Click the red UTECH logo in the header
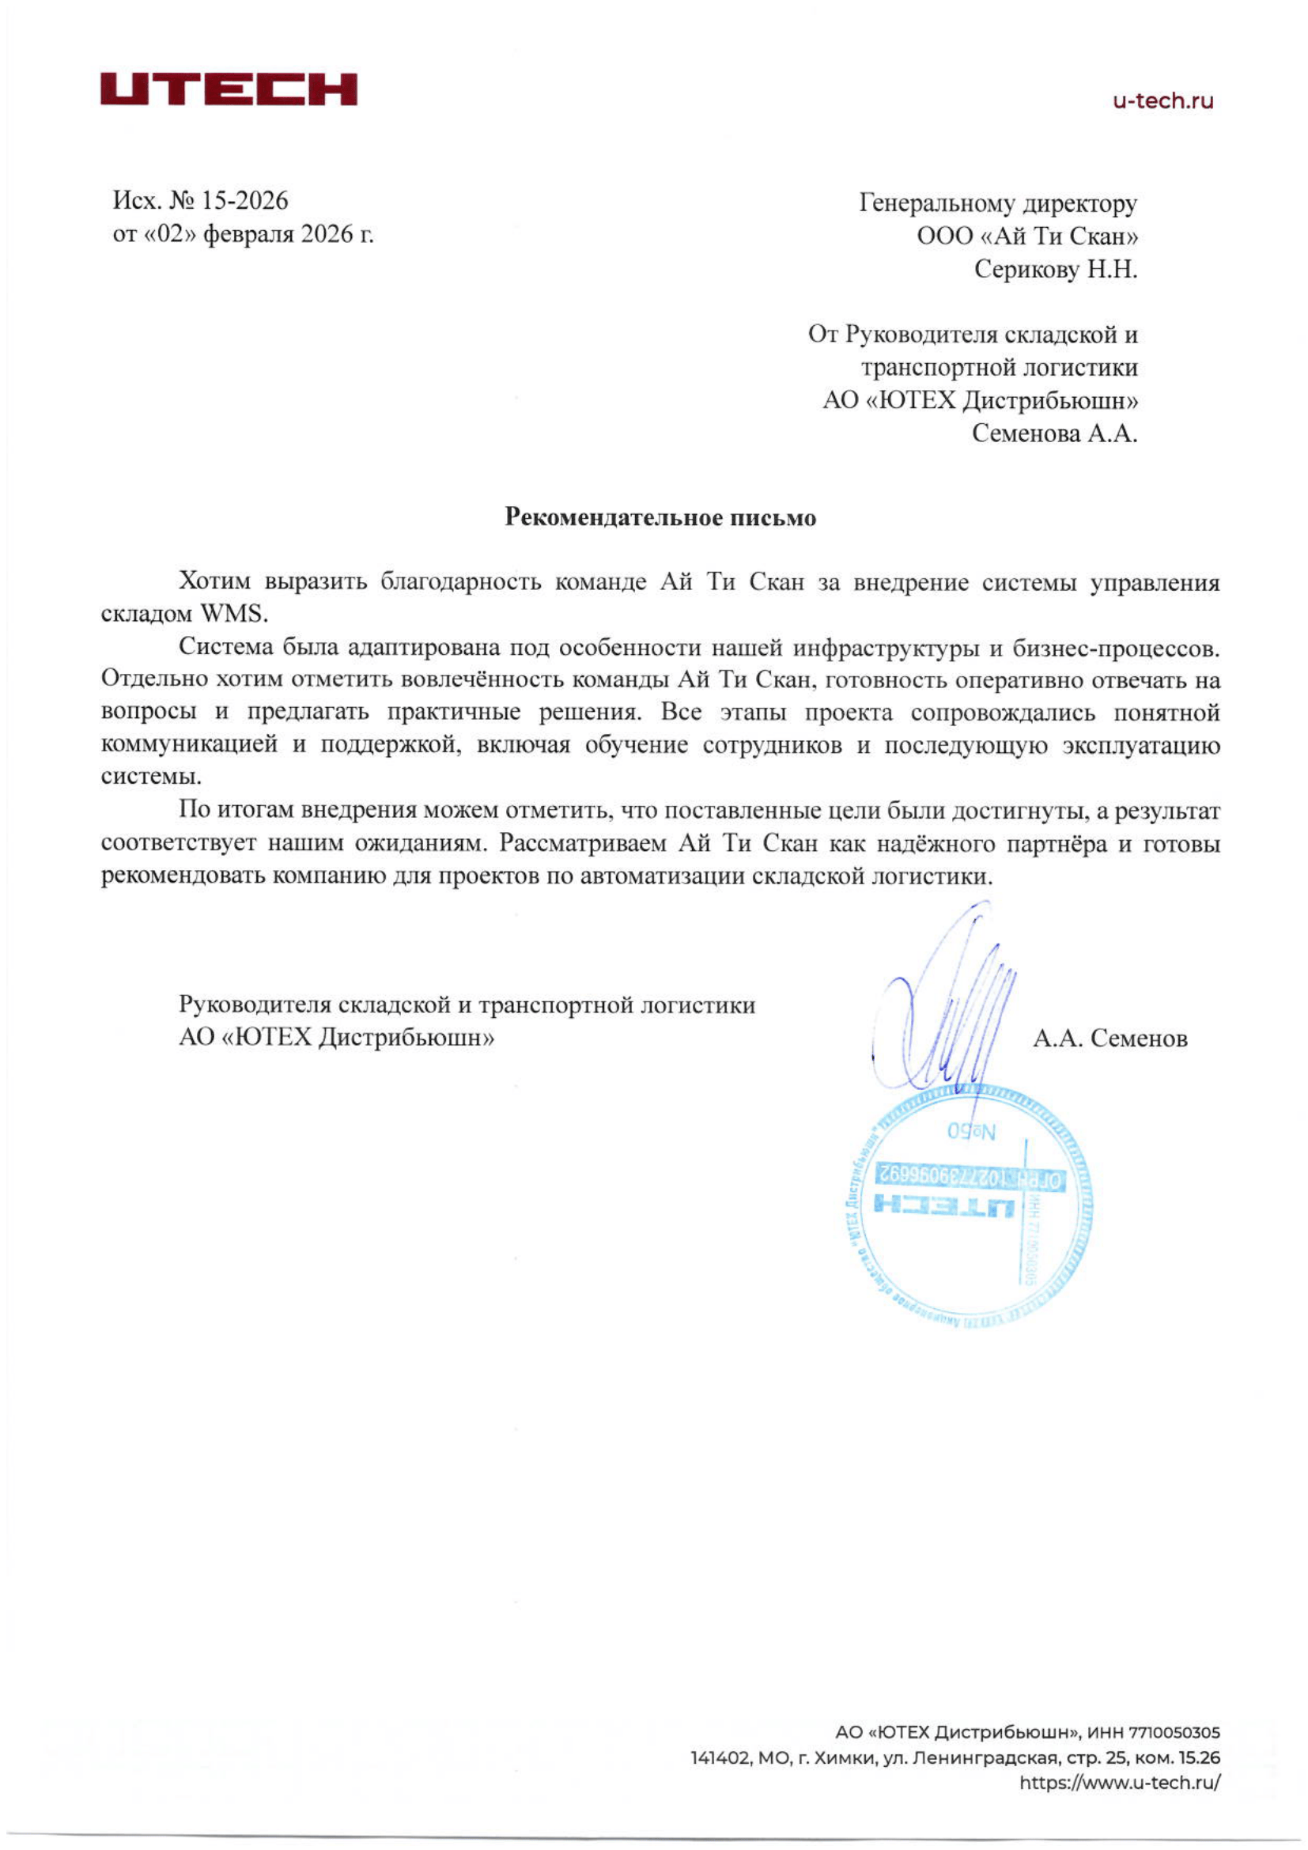(228, 89)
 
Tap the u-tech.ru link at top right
(1162, 101)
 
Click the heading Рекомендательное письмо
(660, 517)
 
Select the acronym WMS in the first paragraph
(232, 614)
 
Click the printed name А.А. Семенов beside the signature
(1109, 1038)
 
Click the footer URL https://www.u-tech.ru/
(1119, 1782)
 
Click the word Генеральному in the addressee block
(936, 203)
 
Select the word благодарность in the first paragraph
(461, 582)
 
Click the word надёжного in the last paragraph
(939, 844)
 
